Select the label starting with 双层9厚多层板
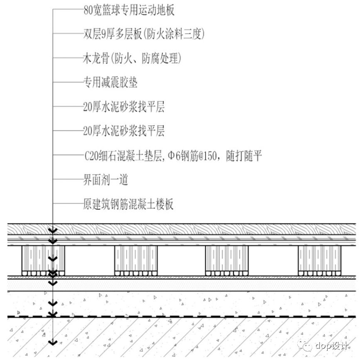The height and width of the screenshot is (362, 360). [144, 34]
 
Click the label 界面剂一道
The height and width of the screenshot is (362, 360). [105, 180]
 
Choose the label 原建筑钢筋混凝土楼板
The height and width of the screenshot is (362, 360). [128, 204]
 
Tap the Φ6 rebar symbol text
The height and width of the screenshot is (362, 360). [175, 156]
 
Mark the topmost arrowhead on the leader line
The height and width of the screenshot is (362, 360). [53, 231]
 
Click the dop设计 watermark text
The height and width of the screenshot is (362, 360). [332, 345]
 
